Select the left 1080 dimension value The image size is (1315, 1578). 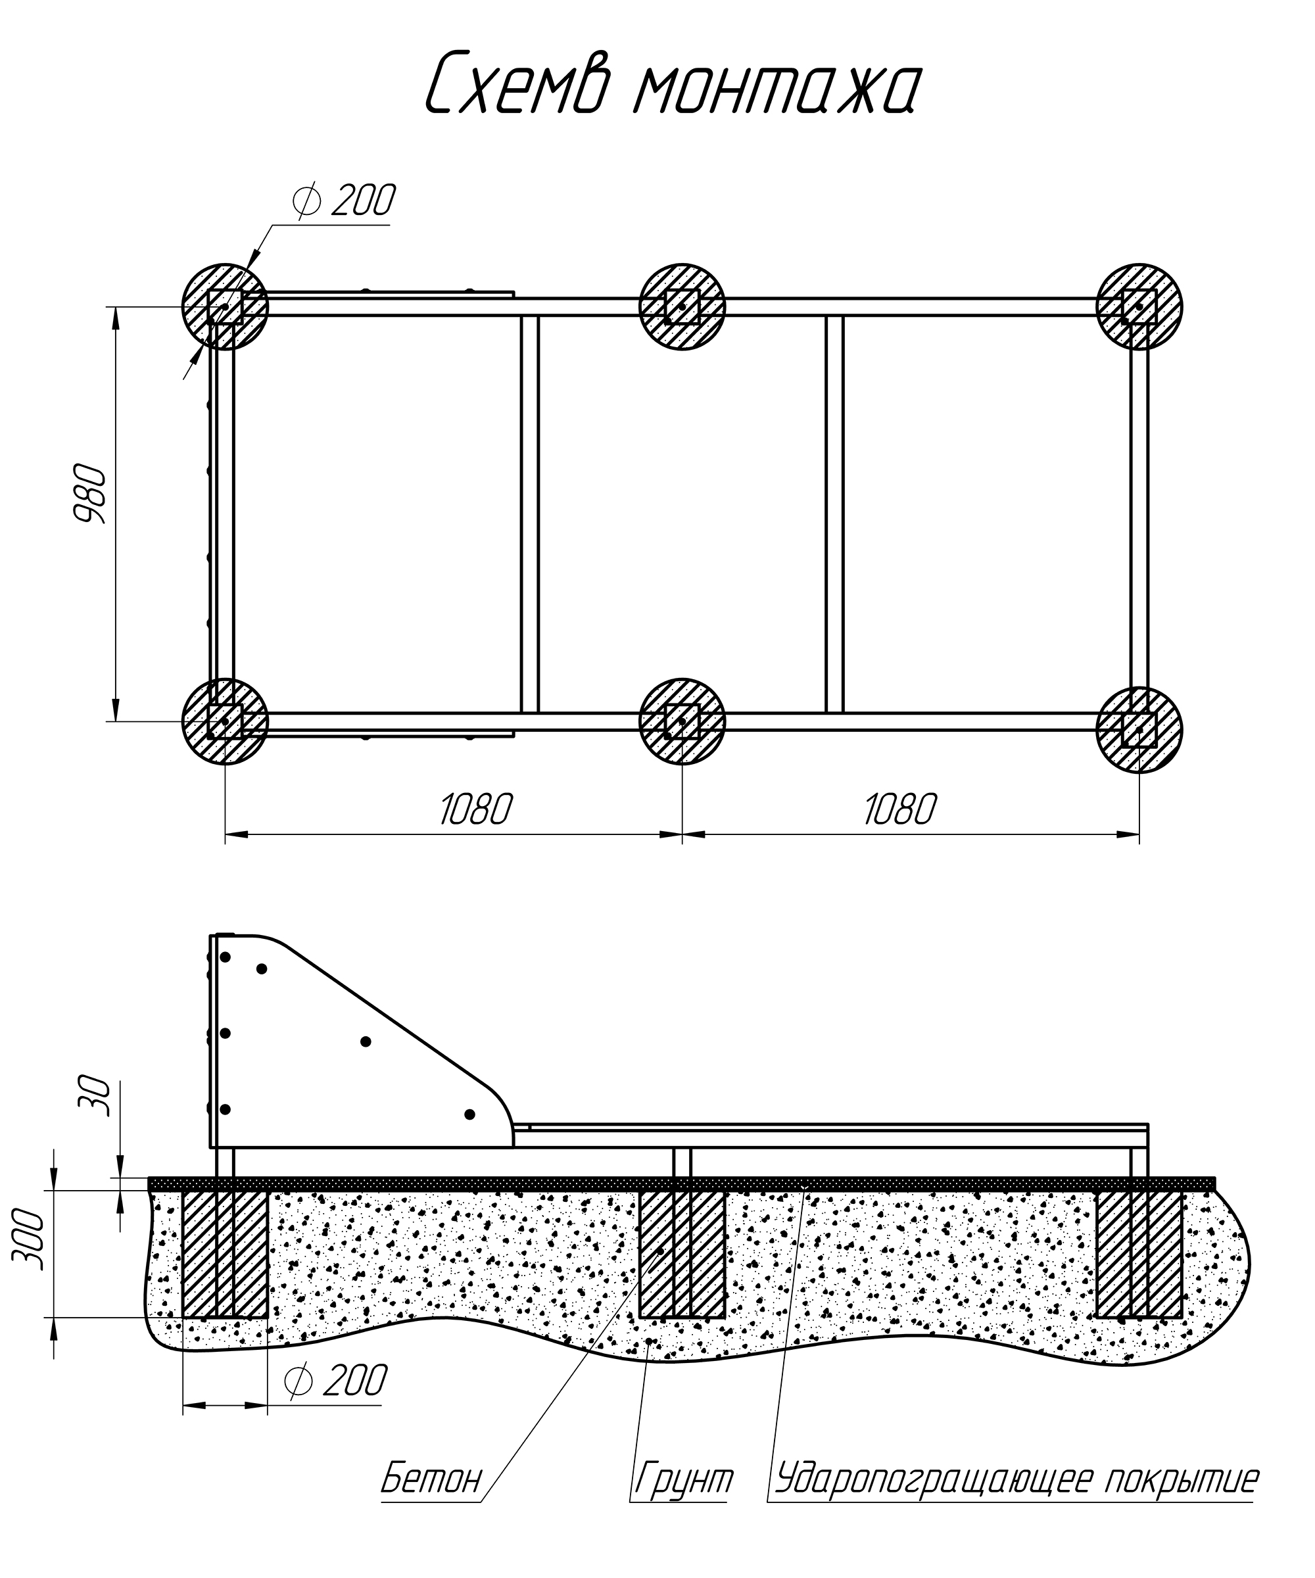[x=475, y=810]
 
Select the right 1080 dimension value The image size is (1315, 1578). [x=899, y=810]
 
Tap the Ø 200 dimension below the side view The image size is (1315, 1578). [x=337, y=1380]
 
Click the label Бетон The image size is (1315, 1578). [x=431, y=1479]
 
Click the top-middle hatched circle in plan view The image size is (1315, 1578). [x=682, y=306]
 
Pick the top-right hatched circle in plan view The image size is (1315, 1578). [x=1139, y=306]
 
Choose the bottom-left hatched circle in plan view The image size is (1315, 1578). [x=225, y=721]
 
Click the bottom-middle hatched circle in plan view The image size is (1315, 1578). [x=682, y=721]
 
